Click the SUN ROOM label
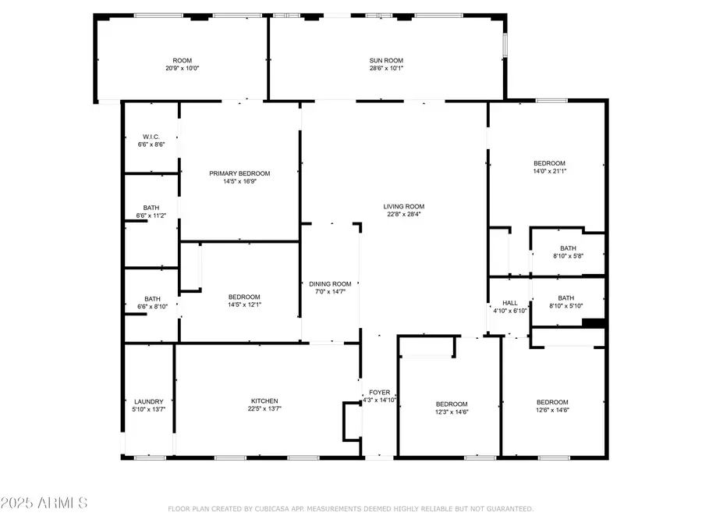click(x=385, y=60)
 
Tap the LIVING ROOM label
click(x=403, y=206)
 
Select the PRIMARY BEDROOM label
click(x=239, y=173)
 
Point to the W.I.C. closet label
click(x=151, y=137)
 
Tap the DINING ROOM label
click(x=331, y=283)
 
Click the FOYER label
click(x=379, y=392)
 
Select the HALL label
click(x=510, y=303)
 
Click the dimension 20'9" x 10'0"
click(x=182, y=68)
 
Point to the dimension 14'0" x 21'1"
click(x=549, y=171)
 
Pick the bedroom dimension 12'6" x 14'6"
click(x=552, y=410)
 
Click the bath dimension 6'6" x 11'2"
click(x=151, y=215)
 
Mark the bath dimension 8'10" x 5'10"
click(x=566, y=305)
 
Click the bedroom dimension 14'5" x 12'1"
click(x=244, y=304)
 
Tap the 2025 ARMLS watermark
click(x=44, y=501)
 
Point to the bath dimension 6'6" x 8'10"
click(x=152, y=306)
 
